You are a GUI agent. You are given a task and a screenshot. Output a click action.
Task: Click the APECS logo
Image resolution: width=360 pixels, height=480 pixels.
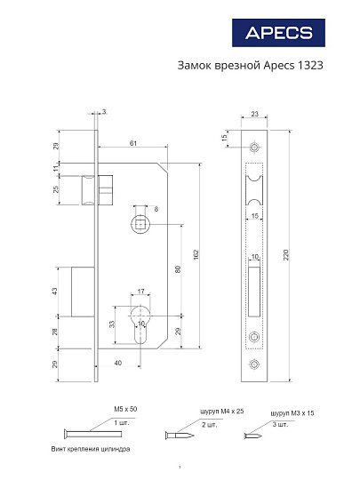(x=279, y=33)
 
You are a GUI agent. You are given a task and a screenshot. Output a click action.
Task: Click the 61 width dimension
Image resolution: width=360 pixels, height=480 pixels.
(x=132, y=142)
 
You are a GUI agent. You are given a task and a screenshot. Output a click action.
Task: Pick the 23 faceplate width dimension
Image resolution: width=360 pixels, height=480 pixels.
(x=254, y=114)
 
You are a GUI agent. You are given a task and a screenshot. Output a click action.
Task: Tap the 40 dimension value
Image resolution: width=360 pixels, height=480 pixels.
(x=118, y=363)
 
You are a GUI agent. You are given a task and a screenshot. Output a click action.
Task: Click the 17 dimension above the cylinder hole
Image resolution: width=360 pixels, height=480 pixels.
(x=140, y=291)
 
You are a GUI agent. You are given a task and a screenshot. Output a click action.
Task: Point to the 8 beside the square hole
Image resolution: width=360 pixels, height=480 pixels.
(x=156, y=209)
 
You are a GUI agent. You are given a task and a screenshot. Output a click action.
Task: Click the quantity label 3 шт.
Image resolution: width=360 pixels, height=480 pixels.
(x=278, y=425)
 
